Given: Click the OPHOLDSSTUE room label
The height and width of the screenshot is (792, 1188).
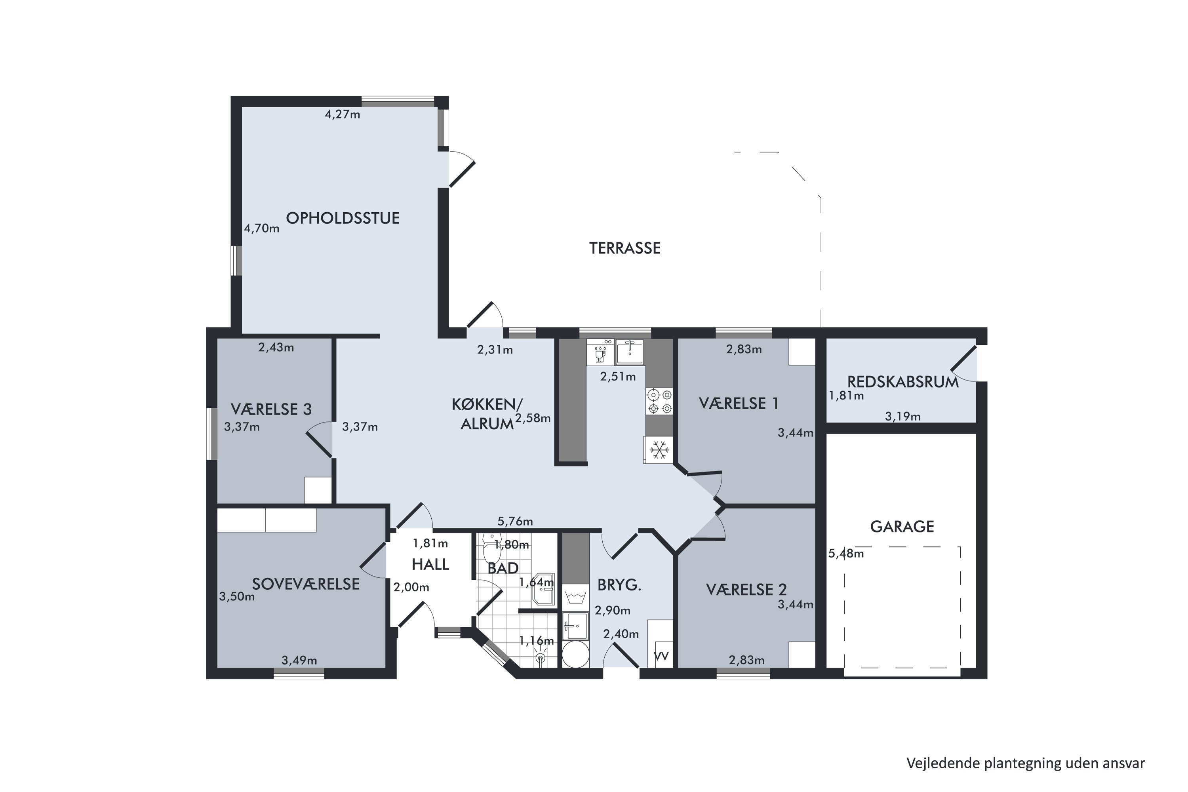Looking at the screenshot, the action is (343, 218).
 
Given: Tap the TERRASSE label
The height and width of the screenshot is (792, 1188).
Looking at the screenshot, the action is (625, 248).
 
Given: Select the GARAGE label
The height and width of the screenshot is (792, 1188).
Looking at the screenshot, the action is (902, 527).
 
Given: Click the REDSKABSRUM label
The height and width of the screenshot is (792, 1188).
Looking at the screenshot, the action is (902, 382).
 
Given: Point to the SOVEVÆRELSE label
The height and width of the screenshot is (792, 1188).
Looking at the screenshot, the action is (306, 584).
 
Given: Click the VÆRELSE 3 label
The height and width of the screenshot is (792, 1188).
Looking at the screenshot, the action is (271, 409).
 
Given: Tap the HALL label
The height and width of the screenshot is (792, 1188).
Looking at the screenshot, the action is (430, 565).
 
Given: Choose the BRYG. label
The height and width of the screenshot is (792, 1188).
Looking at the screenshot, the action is (619, 585).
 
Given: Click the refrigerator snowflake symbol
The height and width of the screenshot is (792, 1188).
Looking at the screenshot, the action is (659, 449).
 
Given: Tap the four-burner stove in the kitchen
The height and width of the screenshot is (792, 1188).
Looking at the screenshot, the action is (660, 401).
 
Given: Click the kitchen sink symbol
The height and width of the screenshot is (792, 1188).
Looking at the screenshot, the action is (629, 352).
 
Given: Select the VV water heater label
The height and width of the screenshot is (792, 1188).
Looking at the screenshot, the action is (661, 656).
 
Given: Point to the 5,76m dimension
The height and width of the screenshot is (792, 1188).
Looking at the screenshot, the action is (515, 521).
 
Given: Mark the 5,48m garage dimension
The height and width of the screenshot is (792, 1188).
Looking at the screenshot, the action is (846, 554).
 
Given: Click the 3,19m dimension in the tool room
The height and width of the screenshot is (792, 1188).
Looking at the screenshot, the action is (902, 417).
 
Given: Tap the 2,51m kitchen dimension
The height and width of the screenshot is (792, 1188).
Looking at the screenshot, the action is (618, 376).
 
